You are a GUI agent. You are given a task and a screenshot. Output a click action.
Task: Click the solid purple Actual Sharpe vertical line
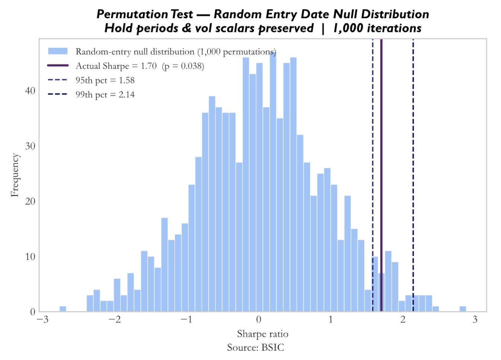pos(382,175)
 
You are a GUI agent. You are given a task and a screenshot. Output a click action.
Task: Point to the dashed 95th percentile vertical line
pos(373,175)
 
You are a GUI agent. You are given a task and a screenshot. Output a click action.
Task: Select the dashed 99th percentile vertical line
pos(413,175)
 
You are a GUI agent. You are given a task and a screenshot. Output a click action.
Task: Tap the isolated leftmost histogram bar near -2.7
pos(63,309)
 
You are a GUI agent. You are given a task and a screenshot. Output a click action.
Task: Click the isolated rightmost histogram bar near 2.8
pos(463,309)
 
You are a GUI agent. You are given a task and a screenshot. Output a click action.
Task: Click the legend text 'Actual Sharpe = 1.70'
pos(116,66)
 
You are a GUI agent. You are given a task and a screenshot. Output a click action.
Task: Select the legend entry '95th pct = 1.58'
pos(91,80)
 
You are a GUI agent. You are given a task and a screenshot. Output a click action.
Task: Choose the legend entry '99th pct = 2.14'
pos(91,94)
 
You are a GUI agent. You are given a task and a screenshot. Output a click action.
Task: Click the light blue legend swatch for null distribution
pos(58,51)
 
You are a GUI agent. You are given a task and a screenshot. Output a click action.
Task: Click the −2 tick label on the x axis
pos(115,319)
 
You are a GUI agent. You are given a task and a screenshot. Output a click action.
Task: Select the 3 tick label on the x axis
pos(475,319)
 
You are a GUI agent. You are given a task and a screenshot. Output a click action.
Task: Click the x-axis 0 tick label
pos(259,319)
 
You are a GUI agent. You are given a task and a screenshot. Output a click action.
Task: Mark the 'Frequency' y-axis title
pos(15,175)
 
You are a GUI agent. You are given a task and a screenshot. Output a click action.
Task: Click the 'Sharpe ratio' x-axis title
pos(262,334)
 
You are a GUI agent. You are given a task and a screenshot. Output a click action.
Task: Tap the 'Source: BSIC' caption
pos(255,347)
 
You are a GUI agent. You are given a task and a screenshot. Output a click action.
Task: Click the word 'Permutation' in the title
pos(132,15)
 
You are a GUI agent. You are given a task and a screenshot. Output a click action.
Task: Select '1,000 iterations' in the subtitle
pos(377,29)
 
